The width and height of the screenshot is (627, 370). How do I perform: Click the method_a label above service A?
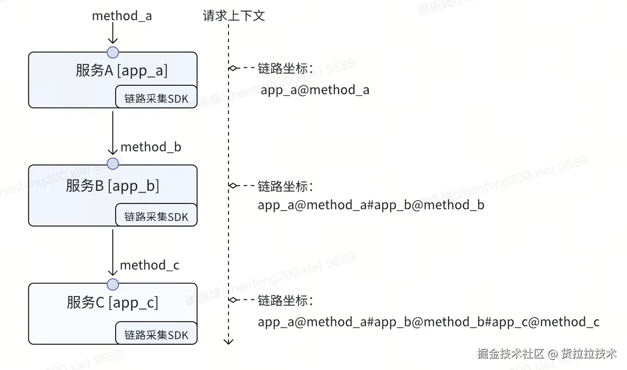tap(121, 16)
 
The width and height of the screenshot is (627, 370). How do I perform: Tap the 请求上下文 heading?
tap(234, 16)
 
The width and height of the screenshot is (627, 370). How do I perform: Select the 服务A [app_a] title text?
tap(121, 70)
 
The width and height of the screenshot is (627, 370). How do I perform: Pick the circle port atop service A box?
tap(113, 52)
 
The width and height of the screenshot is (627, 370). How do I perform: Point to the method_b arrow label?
tap(151, 147)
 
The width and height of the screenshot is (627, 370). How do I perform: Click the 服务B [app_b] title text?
tap(112, 185)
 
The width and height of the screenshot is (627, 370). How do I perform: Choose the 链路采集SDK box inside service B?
tap(156, 217)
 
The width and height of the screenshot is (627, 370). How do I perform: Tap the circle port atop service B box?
tap(113, 164)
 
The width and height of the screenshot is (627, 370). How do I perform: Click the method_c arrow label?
tap(149, 265)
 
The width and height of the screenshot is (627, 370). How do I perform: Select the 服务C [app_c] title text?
tap(112, 303)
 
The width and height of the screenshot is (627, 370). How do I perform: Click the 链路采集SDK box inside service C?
tap(156, 335)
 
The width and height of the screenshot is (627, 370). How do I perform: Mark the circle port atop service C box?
tap(113, 284)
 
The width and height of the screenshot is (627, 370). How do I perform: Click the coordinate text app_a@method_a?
tap(315, 90)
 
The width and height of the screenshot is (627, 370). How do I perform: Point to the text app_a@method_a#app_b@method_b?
tap(371, 205)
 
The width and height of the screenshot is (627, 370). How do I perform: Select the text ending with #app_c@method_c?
tap(428, 322)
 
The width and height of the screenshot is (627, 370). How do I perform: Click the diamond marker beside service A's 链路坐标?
tap(233, 68)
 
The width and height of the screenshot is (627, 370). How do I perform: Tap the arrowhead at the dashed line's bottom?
tap(229, 341)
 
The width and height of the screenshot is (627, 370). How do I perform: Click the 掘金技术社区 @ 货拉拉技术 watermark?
tap(547, 353)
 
